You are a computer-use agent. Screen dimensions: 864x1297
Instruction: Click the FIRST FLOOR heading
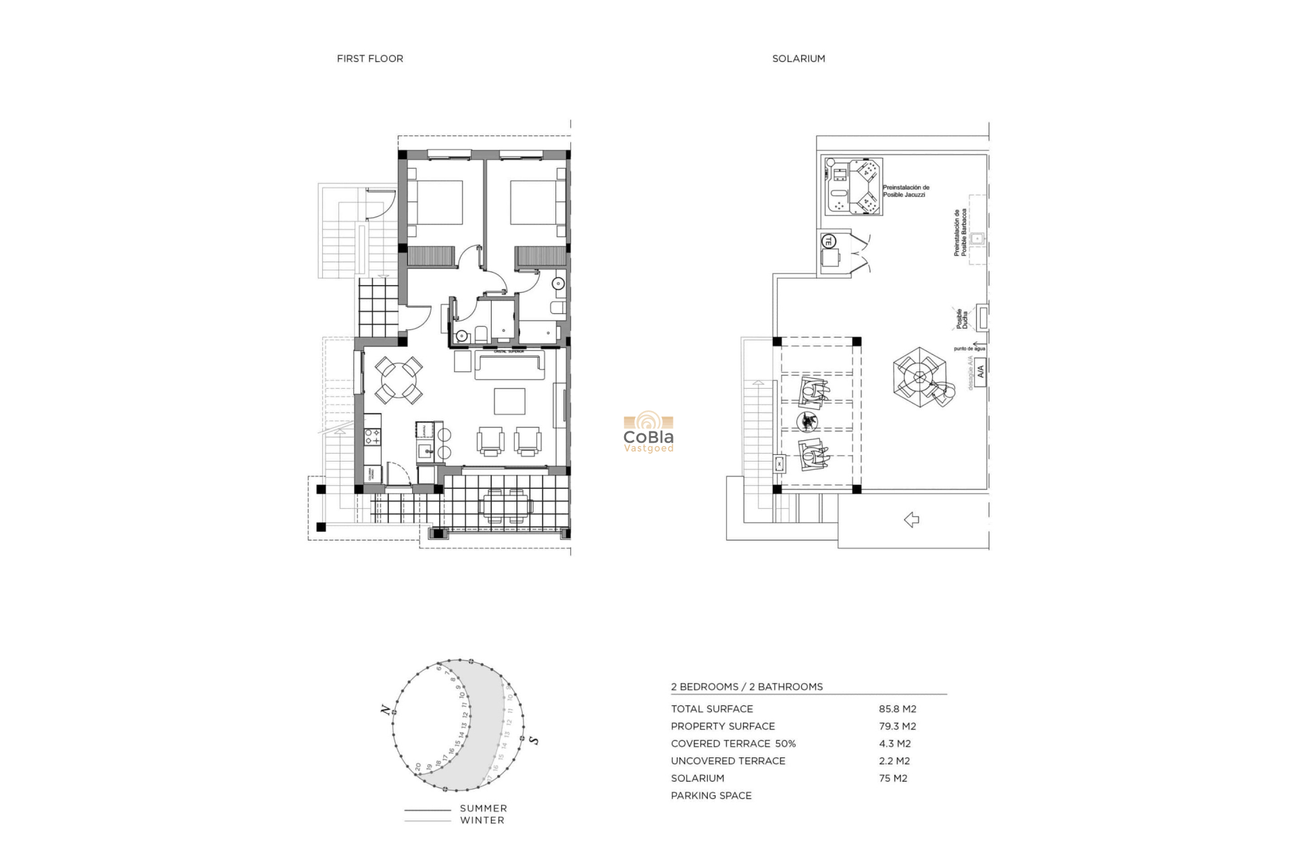click(x=370, y=59)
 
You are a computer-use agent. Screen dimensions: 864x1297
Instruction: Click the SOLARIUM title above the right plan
click(x=798, y=59)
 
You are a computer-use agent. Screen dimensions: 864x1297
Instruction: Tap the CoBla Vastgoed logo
click(x=648, y=433)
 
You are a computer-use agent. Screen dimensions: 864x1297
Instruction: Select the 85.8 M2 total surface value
click(x=897, y=709)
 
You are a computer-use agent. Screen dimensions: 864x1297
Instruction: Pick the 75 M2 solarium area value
click(x=892, y=778)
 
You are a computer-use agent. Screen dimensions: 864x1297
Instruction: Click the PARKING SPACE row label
click(x=711, y=796)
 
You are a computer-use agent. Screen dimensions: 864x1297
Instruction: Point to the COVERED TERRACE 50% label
click(x=733, y=744)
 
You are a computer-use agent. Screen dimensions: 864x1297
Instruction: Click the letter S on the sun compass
click(x=534, y=740)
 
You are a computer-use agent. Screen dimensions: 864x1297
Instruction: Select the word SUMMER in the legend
click(x=483, y=809)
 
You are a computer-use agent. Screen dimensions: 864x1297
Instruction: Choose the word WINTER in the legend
click(x=482, y=821)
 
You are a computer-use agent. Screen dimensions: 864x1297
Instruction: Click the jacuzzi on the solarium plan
click(x=853, y=187)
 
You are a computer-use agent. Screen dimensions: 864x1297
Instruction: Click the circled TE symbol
click(x=828, y=240)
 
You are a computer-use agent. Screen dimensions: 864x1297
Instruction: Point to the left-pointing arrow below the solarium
click(x=911, y=520)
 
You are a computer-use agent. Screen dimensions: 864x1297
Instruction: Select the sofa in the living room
click(x=510, y=364)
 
